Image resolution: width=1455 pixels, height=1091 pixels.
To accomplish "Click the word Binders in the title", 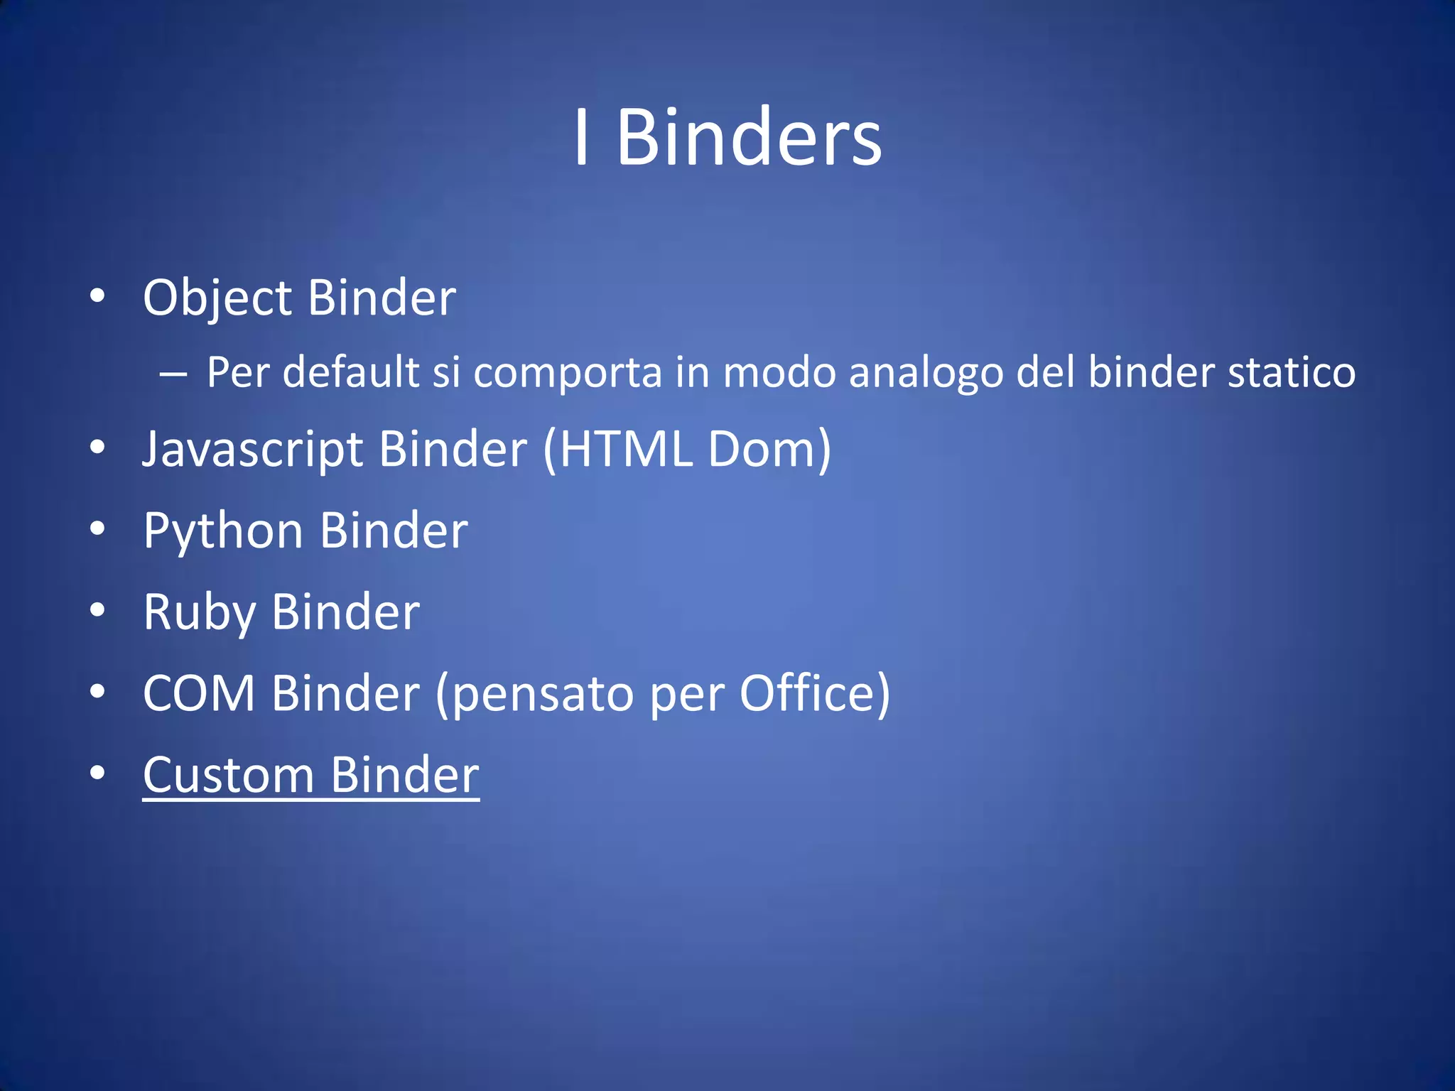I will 749,137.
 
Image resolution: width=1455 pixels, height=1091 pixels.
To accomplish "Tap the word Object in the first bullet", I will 217,298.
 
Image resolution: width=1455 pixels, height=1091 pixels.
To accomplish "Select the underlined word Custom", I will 228,775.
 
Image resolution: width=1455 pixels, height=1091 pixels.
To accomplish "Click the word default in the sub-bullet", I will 351,371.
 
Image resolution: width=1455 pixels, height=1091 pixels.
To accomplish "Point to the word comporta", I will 568,373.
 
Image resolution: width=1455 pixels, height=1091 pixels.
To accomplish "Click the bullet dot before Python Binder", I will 98,528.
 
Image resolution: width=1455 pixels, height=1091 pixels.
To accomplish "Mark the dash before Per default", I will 173,373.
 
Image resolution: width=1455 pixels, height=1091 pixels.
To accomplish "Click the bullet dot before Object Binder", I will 98,295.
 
